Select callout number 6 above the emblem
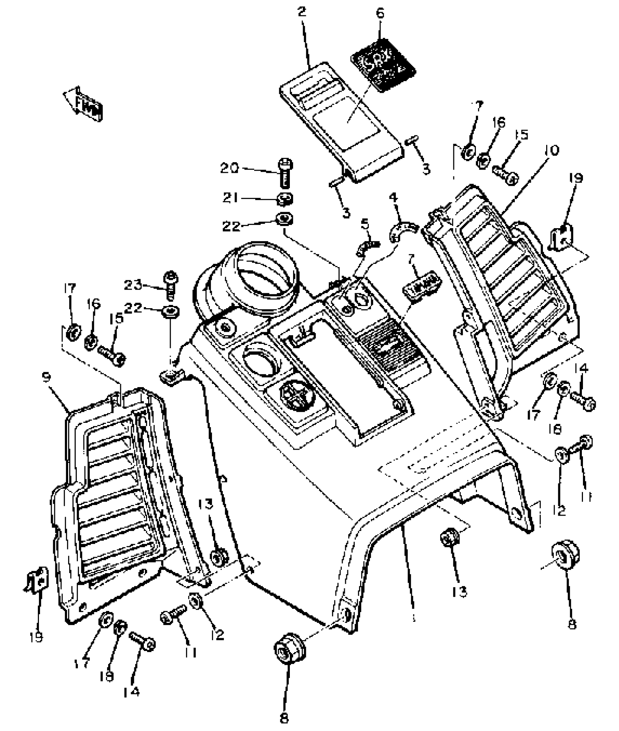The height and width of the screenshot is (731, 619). pyautogui.click(x=379, y=13)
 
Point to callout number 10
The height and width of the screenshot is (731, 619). pyautogui.click(x=552, y=150)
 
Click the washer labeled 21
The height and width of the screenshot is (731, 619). pyautogui.click(x=285, y=198)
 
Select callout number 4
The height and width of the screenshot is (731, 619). pyautogui.click(x=393, y=197)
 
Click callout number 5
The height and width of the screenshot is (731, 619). pyautogui.click(x=365, y=223)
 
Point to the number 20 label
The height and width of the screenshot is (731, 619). pyautogui.click(x=230, y=168)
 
